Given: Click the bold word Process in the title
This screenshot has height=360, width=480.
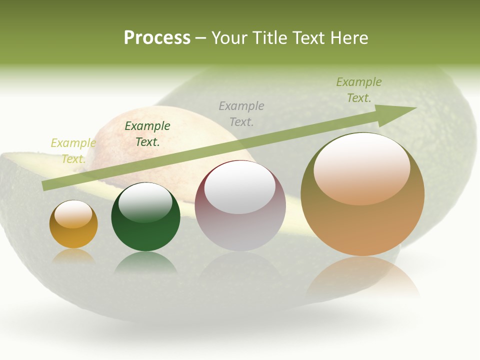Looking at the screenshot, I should coord(157,38).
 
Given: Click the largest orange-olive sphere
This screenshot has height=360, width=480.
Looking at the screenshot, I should coord(362,225).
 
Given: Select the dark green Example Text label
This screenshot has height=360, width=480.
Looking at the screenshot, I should coord(147,134).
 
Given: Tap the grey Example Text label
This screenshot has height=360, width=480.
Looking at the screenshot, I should coord(241,114).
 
